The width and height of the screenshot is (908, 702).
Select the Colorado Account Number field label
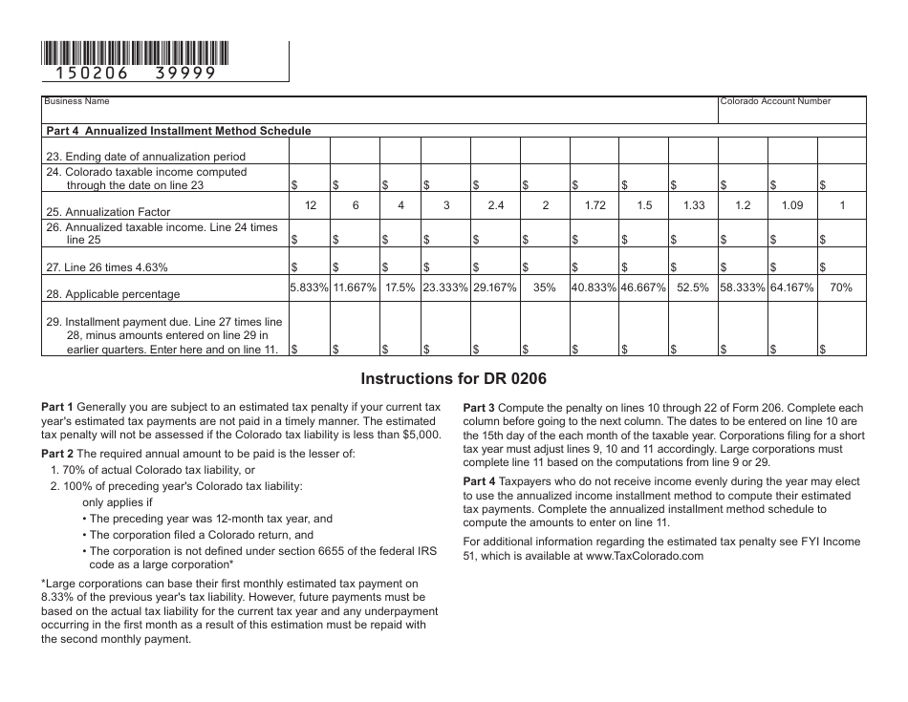(x=775, y=101)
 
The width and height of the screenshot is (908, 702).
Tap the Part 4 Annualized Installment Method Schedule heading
(x=179, y=131)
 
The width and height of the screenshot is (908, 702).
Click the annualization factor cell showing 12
(x=310, y=205)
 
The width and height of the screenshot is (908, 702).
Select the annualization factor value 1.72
(x=595, y=205)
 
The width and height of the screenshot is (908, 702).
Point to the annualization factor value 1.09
(x=792, y=205)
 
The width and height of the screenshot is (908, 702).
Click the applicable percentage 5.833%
(x=310, y=287)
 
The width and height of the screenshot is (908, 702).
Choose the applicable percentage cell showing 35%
(x=545, y=287)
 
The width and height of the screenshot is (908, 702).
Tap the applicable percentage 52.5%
(x=693, y=287)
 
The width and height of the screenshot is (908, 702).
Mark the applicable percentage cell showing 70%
(x=841, y=287)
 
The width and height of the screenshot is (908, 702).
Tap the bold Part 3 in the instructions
(x=479, y=407)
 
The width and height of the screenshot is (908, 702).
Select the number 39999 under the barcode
(x=185, y=73)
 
